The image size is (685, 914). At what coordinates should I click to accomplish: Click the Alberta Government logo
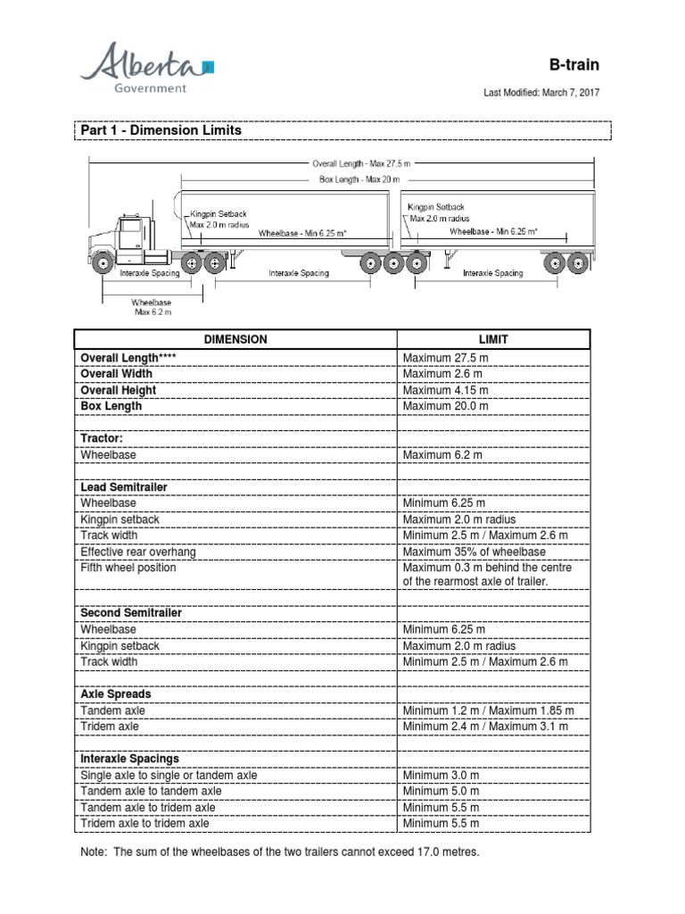pyautogui.click(x=147, y=69)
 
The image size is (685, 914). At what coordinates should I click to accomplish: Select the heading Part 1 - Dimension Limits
pyautogui.click(x=161, y=130)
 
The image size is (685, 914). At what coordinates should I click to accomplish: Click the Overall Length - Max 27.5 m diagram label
pyautogui.click(x=360, y=164)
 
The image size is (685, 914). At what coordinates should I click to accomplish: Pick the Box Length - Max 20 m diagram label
pyautogui.click(x=360, y=179)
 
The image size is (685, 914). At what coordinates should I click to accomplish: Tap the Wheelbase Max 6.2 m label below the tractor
pyautogui.click(x=151, y=308)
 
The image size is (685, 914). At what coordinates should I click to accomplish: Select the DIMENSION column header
pyautogui.click(x=235, y=339)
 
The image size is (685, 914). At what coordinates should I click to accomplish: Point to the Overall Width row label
pyautogui.click(x=117, y=374)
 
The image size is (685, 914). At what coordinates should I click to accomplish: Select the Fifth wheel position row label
pyautogui.click(x=128, y=568)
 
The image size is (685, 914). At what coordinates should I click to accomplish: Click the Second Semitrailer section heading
pyautogui.click(x=131, y=613)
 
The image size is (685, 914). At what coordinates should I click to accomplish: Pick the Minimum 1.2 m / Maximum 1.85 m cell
pyautogui.click(x=487, y=710)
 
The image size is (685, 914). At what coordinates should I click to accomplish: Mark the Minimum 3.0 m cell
pyautogui.click(x=441, y=776)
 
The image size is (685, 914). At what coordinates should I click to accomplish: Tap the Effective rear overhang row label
pyautogui.click(x=138, y=552)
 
